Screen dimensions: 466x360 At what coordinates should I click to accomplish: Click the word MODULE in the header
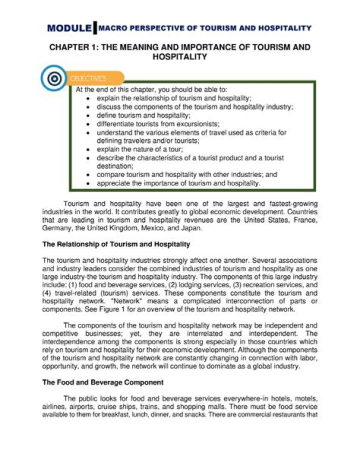pyautogui.click(x=69, y=29)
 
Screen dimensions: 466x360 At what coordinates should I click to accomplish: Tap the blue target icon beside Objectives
pyautogui.click(x=53, y=78)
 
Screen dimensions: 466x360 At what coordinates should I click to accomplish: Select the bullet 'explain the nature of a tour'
pyautogui.click(x=141, y=149)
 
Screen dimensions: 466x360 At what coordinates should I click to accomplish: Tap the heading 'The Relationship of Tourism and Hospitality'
pyautogui.click(x=116, y=245)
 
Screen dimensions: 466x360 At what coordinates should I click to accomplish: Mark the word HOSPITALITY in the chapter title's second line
pyautogui.click(x=179, y=57)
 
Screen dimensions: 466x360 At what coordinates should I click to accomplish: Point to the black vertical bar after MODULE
pyautogui.click(x=95, y=28)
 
